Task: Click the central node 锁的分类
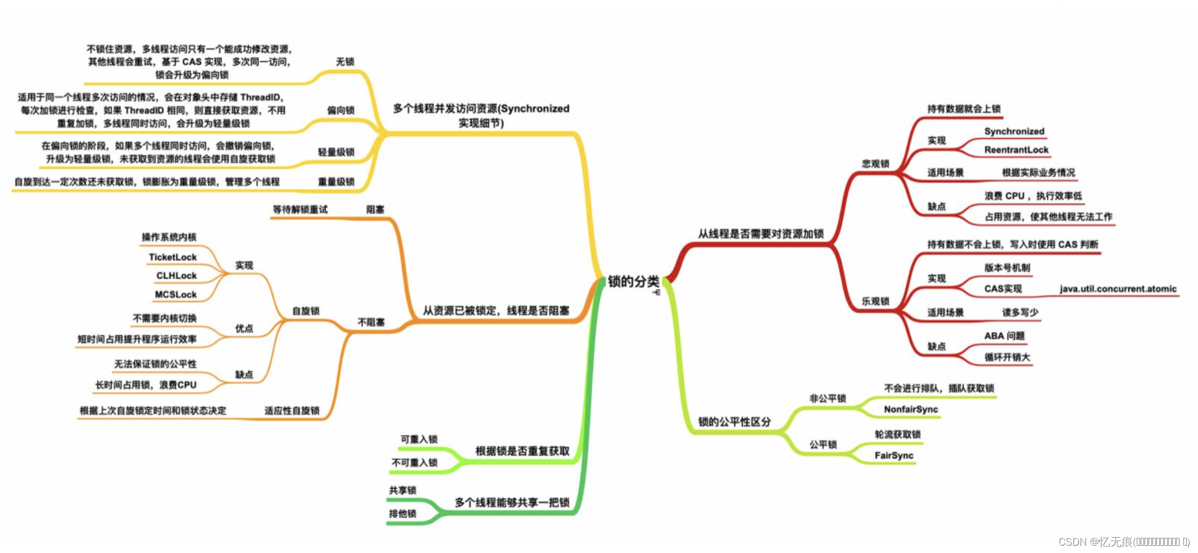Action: (633, 282)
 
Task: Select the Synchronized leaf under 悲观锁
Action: (1014, 132)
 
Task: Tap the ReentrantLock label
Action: (1016, 150)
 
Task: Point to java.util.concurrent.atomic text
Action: (1118, 289)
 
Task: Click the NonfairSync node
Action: (910, 409)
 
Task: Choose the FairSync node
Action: (893, 455)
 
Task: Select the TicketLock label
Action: (173, 257)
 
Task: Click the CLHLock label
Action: (176, 276)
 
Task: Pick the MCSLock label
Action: (175, 294)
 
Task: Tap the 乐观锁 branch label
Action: (875, 301)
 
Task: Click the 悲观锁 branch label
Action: (875, 164)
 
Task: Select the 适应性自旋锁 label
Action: (292, 411)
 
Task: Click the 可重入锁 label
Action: (419, 439)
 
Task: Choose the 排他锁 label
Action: (402, 514)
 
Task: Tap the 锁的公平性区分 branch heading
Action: (734, 421)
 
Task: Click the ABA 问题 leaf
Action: (1004, 336)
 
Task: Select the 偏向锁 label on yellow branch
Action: (341, 110)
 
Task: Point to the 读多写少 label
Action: (1020, 312)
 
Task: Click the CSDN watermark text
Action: (1123, 542)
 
